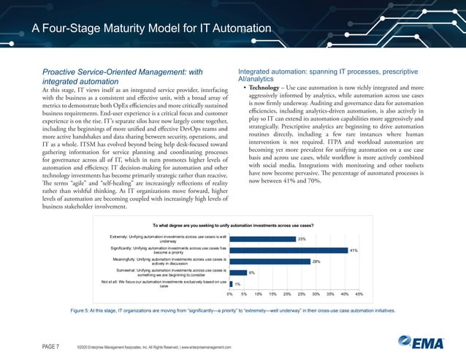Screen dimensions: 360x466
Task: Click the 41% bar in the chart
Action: (x=288, y=250)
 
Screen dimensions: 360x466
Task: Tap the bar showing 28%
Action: (x=270, y=261)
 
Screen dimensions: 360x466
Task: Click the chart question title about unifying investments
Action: (x=233, y=226)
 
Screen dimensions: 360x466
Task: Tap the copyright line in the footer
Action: (x=153, y=346)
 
